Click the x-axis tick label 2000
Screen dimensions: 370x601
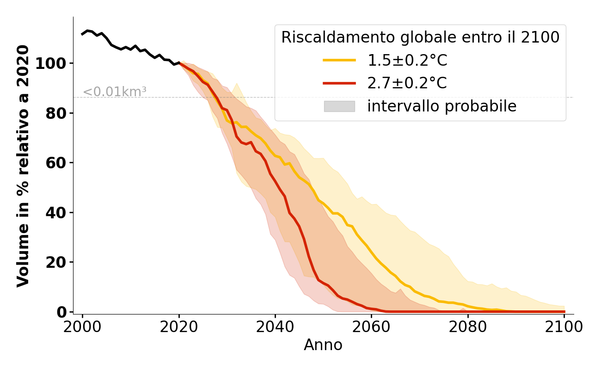[82, 327]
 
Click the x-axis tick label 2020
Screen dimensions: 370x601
[179, 327]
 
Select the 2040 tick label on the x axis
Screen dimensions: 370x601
[275, 327]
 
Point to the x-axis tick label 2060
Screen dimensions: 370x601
[372, 327]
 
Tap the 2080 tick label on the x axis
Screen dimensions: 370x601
[468, 327]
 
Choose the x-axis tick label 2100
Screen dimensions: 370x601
[564, 327]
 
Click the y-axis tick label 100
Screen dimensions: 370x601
[50, 63]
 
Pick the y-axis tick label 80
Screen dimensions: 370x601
[55, 113]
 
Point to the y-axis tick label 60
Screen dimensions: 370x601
[55, 163]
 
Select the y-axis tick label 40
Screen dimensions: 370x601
[55, 213]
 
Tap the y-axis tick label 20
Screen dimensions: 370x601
[55, 262]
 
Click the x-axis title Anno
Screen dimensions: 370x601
[323, 345]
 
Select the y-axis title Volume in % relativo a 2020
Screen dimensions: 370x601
[23, 166]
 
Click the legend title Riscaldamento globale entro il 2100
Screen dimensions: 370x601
[420, 37]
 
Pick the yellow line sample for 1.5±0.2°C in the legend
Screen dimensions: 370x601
[339, 60]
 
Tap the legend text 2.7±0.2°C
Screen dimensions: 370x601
[407, 83]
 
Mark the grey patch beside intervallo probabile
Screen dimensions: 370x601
[339, 106]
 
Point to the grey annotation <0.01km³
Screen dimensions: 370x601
[115, 92]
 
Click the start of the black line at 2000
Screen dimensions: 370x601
[82, 34]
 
